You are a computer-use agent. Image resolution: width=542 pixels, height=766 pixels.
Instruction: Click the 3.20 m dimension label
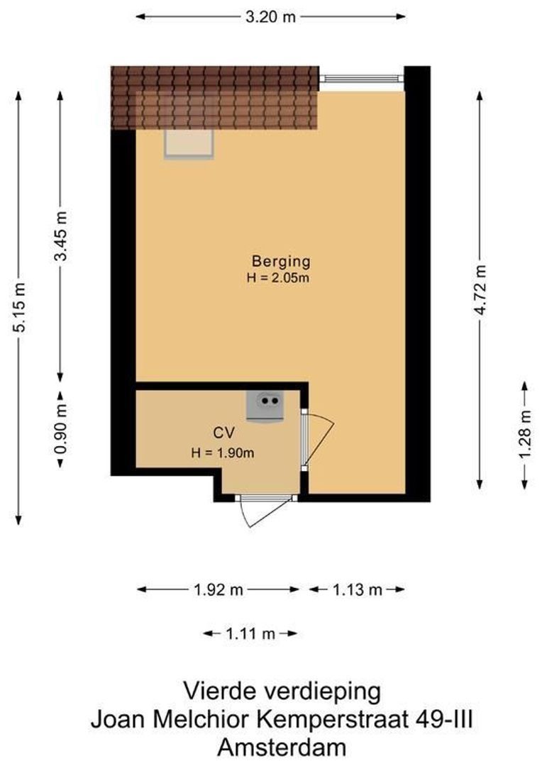pyautogui.click(x=270, y=18)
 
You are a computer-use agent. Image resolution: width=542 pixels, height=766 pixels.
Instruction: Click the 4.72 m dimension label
pyautogui.click(x=481, y=289)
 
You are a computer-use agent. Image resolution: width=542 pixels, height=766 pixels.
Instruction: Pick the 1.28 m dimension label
pyautogui.click(x=525, y=435)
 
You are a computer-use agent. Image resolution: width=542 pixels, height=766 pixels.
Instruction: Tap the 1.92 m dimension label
pyautogui.click(x=218, y=589)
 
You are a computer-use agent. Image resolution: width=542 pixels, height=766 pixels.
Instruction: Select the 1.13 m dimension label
pyautogui.click(x=358, y=589)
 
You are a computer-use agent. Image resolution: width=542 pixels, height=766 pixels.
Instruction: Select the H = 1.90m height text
pyautogui.click(x=223, y=452)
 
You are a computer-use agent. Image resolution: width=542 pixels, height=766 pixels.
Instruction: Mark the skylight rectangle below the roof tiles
pyautogui.click(x=189, y=144)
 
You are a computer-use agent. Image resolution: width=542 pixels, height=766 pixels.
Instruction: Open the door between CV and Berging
pyautogui.click(x=305, y=440)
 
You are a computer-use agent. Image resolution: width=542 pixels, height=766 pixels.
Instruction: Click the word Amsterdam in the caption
pyautogui.click(x=282, y=748)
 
